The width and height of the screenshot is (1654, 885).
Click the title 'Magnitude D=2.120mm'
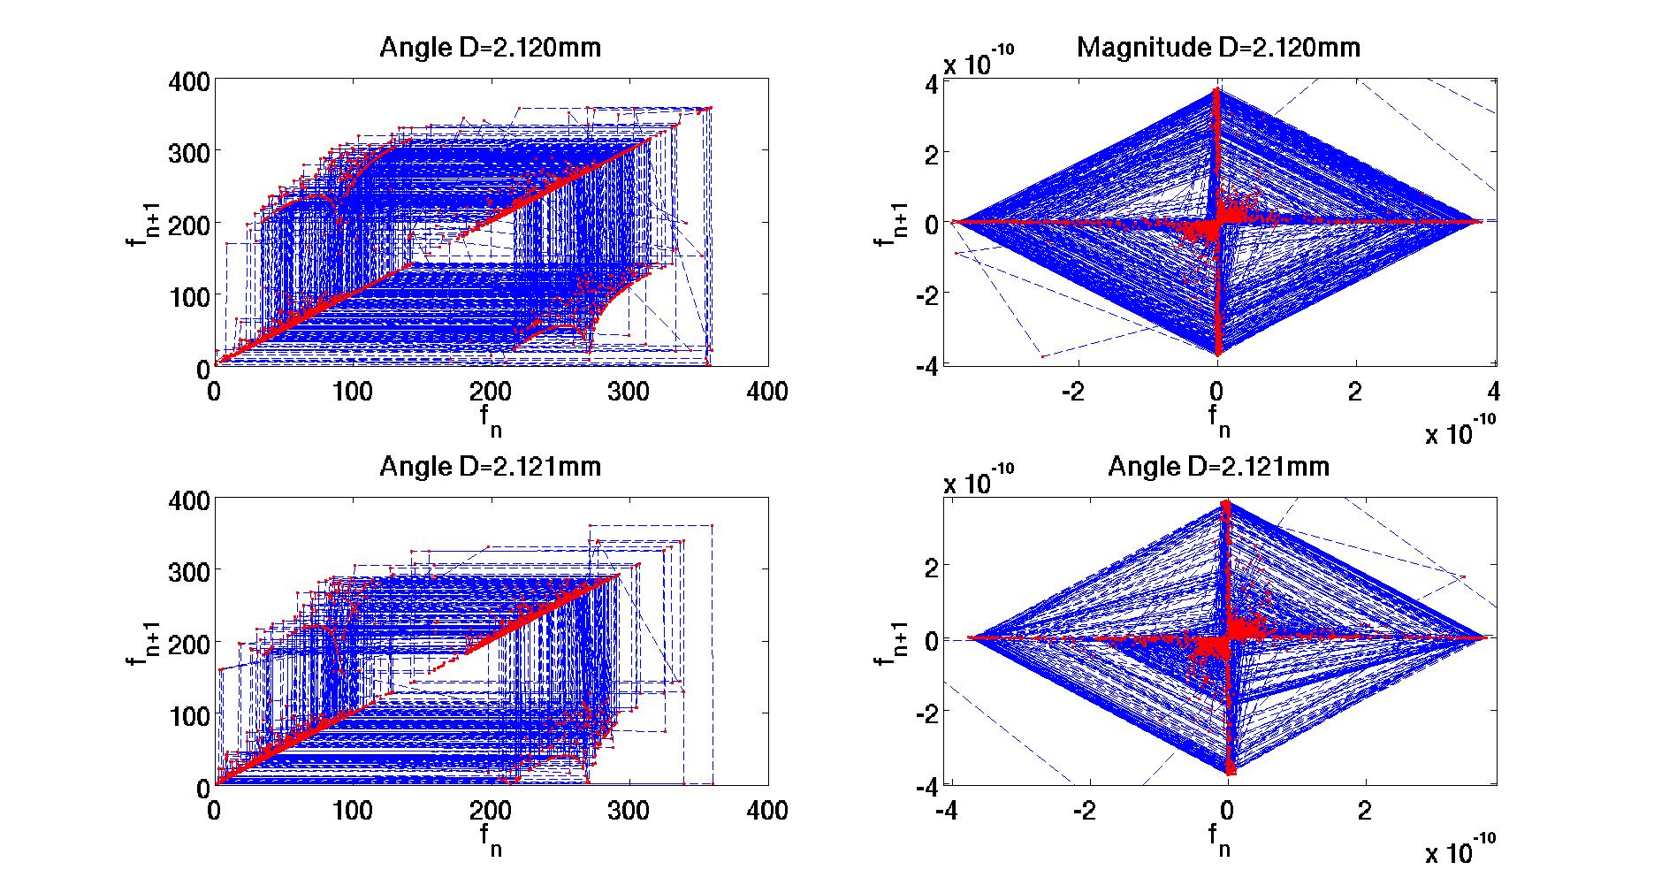tap(1218, 47)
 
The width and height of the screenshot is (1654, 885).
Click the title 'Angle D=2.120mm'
tap(490, 47)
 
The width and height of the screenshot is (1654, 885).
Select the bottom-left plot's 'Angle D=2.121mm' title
tap(490, 466)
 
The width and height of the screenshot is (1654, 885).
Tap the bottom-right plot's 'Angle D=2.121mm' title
tap(1218, 466)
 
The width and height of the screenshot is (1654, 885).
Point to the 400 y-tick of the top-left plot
tap(188, 82)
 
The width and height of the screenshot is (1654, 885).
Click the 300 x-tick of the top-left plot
tap(629, 391)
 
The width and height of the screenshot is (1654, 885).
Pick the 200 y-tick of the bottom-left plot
tap(188, 643)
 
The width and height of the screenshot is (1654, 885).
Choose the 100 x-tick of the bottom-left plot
tap(352, 810)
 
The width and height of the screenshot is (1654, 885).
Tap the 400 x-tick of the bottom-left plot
tap(767, 810)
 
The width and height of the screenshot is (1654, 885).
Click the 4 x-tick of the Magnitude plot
tap(1493, 391)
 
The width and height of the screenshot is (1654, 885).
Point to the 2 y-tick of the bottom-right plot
tap(932, 566)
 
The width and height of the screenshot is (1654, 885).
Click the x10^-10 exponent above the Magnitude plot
tap(978, 64)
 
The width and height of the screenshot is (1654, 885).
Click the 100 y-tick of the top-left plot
tap(188, 296)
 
